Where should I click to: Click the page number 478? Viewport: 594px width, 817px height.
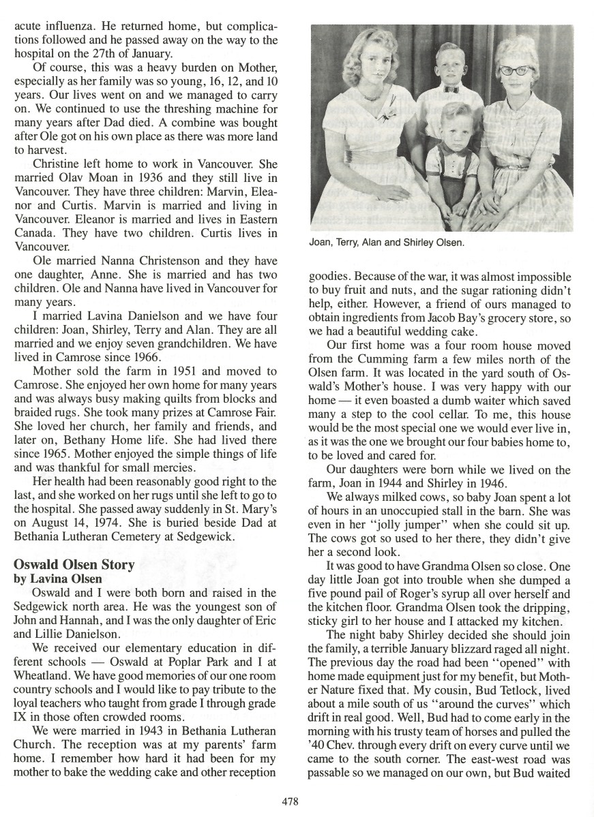289,801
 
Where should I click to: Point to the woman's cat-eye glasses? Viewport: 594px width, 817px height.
516,71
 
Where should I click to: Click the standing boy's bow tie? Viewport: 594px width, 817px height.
451,89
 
